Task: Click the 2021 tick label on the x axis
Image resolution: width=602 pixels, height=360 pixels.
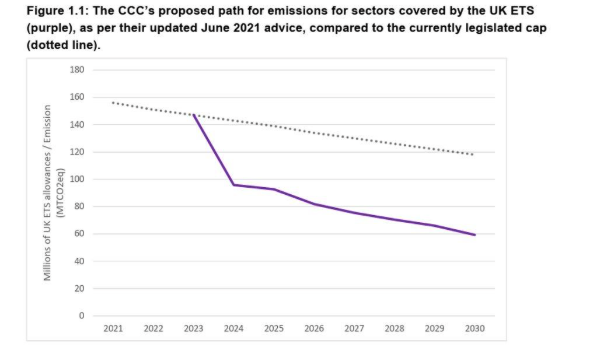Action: pos(113,328)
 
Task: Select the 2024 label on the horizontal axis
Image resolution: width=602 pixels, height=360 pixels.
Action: pos(234,328)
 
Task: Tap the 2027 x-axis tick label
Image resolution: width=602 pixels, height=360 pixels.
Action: pos(355,328)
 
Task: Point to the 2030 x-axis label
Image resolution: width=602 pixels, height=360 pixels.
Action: pos(475,328)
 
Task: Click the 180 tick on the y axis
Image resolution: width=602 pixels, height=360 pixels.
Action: pos(76,70)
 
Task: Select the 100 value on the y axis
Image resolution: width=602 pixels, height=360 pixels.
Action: pos(76,180)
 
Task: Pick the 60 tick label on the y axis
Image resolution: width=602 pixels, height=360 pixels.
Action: pos(79,234)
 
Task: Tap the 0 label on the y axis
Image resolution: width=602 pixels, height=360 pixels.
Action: pos(82,316)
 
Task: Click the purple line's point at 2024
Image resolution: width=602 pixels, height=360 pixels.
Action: pos(234,185)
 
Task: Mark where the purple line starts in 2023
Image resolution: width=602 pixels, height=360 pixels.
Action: pos(193,115)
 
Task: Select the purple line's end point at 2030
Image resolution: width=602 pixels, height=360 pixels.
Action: pos(475,235)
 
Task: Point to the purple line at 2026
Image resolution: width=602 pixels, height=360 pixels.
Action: pos(314,204)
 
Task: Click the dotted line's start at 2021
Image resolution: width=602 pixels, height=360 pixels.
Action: pos(113,102)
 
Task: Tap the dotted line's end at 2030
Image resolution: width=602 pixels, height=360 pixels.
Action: pos(475,154)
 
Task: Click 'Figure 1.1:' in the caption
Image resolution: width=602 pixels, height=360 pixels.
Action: pos(43,10)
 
